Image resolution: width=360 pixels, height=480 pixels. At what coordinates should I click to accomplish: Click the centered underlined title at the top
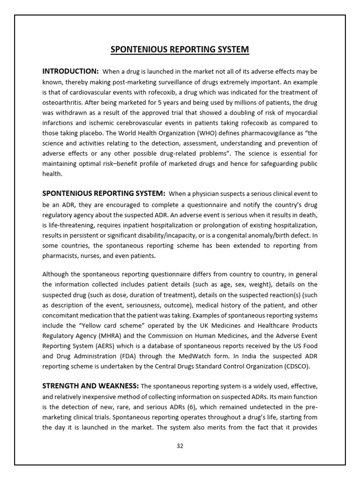click(180, 50)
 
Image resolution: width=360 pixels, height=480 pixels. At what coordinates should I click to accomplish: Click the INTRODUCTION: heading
click(70, 71)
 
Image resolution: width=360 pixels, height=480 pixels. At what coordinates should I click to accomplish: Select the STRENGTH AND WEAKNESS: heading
click(90, 386)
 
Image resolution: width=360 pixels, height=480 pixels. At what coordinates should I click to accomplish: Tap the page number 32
click(180, 446)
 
